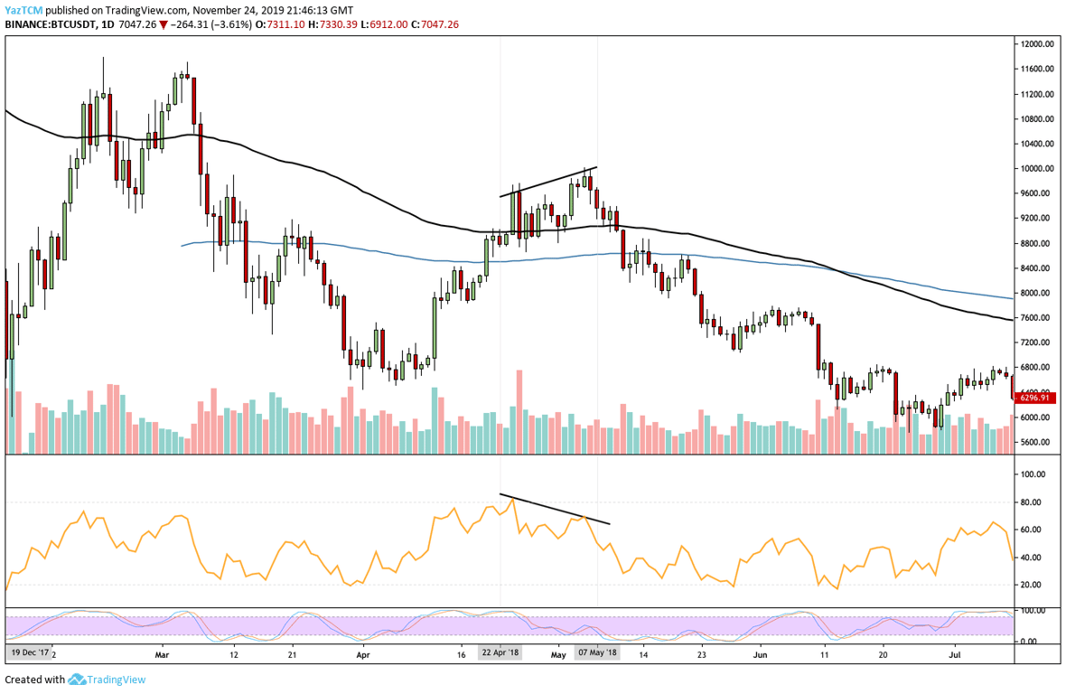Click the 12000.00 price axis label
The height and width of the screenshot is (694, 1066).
1035,44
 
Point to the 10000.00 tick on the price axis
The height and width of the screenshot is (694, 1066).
1035,169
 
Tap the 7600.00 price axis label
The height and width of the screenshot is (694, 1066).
1035,318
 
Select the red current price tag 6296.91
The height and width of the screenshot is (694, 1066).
1034,398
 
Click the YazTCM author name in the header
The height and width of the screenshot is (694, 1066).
23,9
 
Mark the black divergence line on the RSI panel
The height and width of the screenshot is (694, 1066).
555,509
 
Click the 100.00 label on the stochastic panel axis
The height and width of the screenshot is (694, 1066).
1032,612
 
